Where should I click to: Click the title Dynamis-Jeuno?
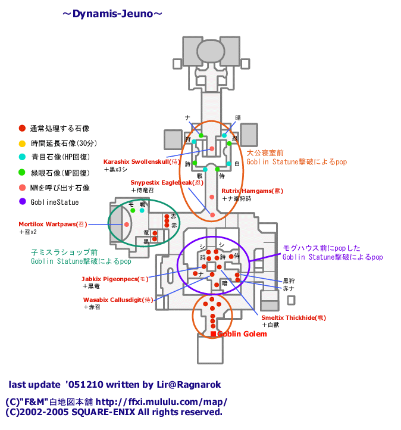pyautogui.click(x=112, y=14)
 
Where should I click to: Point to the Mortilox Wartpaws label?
pyautogui.click(x=53, y=225)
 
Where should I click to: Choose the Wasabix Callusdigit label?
pyautogui.click(x=118, y=300)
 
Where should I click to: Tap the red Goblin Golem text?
pyautogui.click(x=242, y=334)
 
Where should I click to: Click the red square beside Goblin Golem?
pyautogui.click(x=213, y=334)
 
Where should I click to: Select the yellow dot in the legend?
pyautogui.click(x=22, y=143)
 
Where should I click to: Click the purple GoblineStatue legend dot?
pyautogui.click(x=22, y=202)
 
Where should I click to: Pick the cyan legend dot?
pyautogui.click(x=22, y=158)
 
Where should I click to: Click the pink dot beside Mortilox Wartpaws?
pyautogui.click(x=127, y=225)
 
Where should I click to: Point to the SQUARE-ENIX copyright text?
pyautogui.click(x=114, y=412)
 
